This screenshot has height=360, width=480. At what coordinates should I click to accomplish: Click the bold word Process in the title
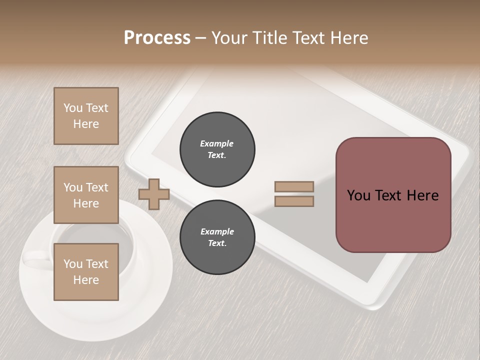pos(157,37)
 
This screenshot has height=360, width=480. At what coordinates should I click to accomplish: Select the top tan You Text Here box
pos(86,116)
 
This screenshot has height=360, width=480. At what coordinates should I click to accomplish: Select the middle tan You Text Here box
pos(86,195)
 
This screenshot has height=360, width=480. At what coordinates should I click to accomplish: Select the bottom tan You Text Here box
pos(86,272)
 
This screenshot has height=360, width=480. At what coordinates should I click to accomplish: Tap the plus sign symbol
pos(154,194)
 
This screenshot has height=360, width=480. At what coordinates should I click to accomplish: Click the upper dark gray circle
pos(217,149)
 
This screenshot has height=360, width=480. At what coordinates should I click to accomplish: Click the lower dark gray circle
pos(217,237)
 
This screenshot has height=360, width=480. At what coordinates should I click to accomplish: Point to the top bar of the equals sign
pos(294,187)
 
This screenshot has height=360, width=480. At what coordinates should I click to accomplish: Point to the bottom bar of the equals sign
pos(294,201)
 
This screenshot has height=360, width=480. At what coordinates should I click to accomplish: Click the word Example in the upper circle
pos(217,143)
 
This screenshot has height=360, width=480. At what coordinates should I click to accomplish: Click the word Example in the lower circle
pos(217,231)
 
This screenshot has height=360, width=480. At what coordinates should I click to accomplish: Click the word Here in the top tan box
pos(86,124)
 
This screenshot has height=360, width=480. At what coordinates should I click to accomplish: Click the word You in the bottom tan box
pos(73,264)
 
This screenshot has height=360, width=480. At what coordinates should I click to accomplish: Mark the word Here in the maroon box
pos(422,195)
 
